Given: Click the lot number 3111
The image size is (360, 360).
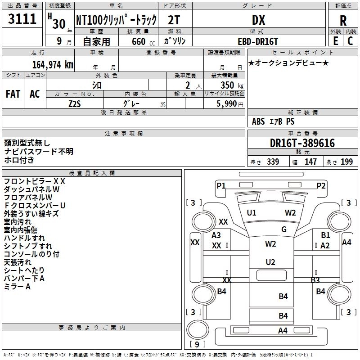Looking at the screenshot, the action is point(22,19).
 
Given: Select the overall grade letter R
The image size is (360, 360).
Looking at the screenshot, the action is point(343,21).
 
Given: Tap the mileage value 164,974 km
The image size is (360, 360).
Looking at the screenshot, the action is point(53,65).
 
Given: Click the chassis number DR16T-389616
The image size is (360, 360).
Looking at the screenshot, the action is point(302,143).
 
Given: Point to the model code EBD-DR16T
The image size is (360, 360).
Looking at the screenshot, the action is point(258,41).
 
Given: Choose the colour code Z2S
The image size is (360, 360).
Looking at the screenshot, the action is point(75,104).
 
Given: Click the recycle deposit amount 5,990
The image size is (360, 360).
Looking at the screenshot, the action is point(227,104).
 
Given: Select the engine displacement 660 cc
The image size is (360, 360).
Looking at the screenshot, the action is point(143,41).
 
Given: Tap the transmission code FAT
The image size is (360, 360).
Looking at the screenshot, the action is point(13,94).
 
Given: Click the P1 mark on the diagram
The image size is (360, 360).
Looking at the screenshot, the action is point(221,185).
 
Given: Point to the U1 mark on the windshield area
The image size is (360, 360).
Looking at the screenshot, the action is point(252,213).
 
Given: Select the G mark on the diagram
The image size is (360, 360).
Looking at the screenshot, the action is point(284,229).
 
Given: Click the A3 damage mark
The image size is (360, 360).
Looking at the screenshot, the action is point(216,235).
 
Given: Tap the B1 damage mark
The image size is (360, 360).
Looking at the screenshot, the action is point(325,235).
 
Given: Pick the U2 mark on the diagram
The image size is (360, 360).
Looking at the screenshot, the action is point(270,262).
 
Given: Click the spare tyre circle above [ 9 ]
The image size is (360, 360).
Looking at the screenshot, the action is point(198,330).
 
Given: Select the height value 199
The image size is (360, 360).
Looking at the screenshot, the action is point(346,162).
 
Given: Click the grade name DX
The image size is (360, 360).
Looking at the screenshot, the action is point(258,20).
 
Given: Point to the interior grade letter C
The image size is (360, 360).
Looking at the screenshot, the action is point(350,41).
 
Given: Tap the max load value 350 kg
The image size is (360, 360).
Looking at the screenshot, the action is point(232,85).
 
